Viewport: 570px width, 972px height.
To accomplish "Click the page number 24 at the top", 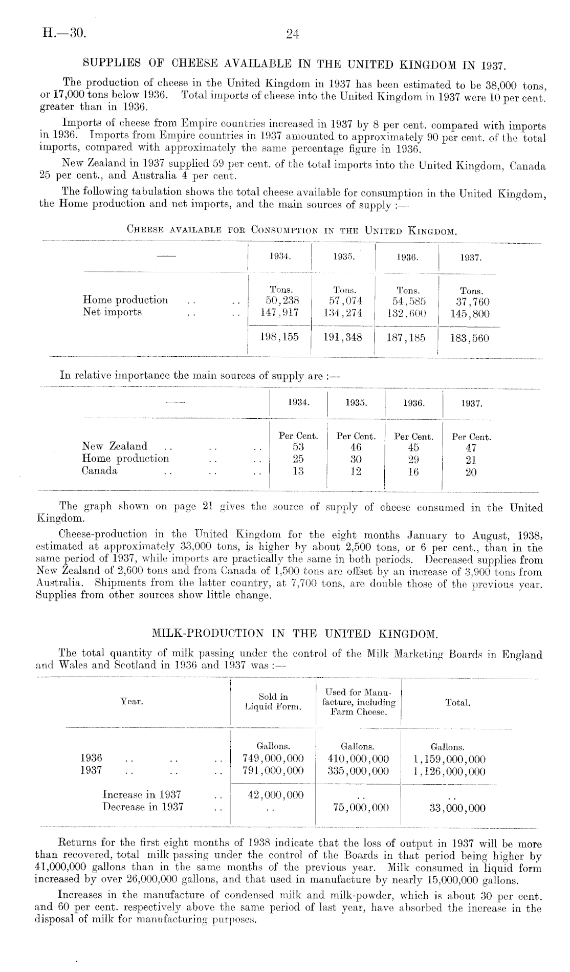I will click(x=292, y=34).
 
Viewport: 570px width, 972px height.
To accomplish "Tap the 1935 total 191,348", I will click(x=343, y=338).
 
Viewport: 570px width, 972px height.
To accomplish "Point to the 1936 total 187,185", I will click(x=406, y=338).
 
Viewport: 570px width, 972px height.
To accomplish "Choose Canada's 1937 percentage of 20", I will click(x=471, y=472).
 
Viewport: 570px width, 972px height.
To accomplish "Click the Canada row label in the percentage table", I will click(x=100, y=471).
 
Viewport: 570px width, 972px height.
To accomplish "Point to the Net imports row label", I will click(x=112, y=312).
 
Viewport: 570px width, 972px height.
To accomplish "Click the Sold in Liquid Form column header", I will click(x=273, y=702).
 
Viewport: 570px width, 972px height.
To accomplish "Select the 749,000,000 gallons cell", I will click(x=274, y=759).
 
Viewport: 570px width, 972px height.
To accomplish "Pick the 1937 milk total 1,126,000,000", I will click(x=449, y=771).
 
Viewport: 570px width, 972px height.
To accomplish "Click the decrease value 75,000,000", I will click(x=358, y=808).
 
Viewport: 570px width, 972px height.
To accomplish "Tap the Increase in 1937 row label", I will click(x=142, y=795).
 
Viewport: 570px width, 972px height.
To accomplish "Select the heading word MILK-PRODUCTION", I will click(x=208, y=635).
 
